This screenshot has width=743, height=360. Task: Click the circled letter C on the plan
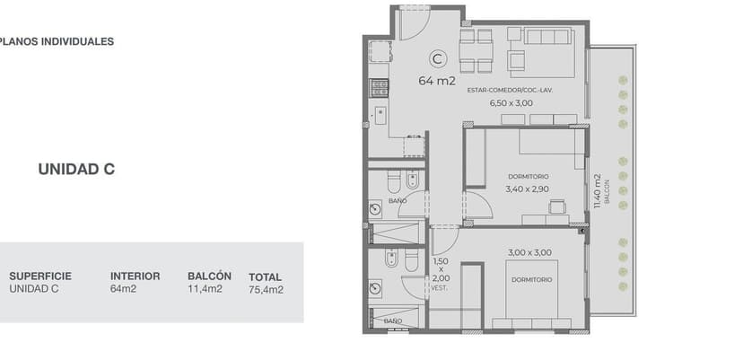pyautogui.click(x=437, y=59)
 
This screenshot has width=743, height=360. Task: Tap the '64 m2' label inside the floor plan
pyautogui.click(x=437, y=81)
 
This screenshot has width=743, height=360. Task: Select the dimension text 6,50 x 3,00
pyautogui.click(x=511, y=103)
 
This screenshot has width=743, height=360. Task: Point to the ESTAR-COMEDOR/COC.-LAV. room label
pyautogui.click(x=510, y=90)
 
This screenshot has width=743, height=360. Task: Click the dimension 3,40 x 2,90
pyautogui.click(x=527, y=189)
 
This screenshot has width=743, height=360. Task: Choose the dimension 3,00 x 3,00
pyautogui.click(x=529, y=253)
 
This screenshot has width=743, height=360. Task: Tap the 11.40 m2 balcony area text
pyautogui.click(x=597, y=190)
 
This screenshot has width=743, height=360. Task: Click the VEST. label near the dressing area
pyautogui.click(x=439, y=288)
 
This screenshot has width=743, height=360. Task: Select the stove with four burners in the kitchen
pyautogui.click(x=379, y=87)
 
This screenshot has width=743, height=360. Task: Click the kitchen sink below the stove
pyautogui.click(x=380, y=116)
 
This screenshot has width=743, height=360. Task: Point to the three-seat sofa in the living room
pyautogui.click(x=548, y=37)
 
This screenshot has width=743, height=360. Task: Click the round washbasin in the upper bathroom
pyautogui.click(x=375, y=208)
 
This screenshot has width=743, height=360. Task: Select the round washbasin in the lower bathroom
pyautogui.click(x=375, y=288)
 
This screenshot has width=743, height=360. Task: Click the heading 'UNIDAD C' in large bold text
pyautogui.click(x=76, y=170)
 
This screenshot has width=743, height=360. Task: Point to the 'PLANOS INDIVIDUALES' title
pyautogui.click(x=56, y=41)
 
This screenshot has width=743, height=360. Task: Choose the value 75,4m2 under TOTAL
pyautogui.click(x=266, y=290)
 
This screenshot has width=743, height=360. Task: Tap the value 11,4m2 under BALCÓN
pyautogui.click(x=205, y=289)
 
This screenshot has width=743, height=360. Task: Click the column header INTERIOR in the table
pyautogui.click(x=135, y=276)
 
